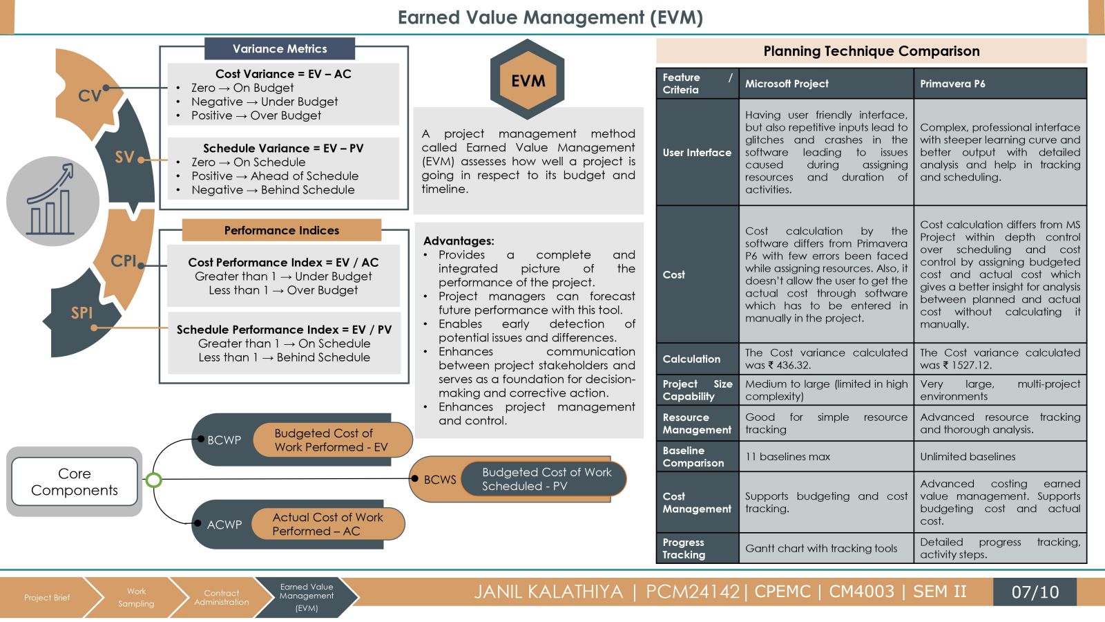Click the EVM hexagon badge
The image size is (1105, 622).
(x=528, y=79)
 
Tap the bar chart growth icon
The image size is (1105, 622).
(x=51, y=200)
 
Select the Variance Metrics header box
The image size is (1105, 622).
(x=280, y=48)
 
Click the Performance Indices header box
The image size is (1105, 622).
(x=282, y=230)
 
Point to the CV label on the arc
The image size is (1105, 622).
(x=89, y=95)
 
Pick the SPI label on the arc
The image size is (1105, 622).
(x=82, y=313)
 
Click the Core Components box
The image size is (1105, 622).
(x=75, y=481)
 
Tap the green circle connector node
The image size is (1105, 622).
(x=154, y=480)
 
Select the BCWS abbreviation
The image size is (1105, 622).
(x=440, y=480)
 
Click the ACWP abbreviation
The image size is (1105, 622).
(x=224, y=525)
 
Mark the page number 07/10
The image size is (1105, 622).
(x=1035, y=592)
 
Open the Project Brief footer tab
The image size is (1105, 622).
(x=48, y=597)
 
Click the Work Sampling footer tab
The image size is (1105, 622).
(x=136, y=597)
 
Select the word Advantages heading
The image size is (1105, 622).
(x=459, y=241)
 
